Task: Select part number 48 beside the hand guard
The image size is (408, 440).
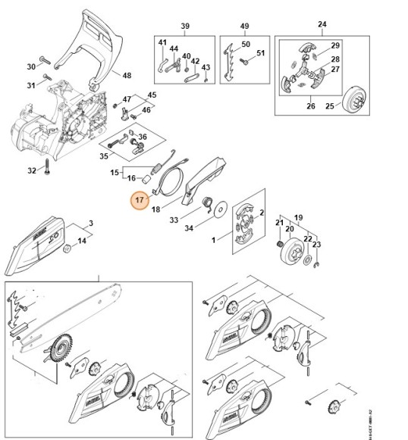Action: (127, 75)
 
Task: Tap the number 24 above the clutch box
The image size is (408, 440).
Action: (322, 24)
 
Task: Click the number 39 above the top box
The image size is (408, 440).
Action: (184, 27)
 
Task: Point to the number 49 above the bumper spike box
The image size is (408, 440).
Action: (244, 27)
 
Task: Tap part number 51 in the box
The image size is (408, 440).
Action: (260, 53)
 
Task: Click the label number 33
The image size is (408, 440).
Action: (174, 221)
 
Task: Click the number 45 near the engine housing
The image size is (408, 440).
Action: (152, 95)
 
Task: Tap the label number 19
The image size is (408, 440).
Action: (299, 215)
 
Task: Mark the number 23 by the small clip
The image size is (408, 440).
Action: (317, 244)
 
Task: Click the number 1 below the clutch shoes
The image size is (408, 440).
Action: (214, 240)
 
